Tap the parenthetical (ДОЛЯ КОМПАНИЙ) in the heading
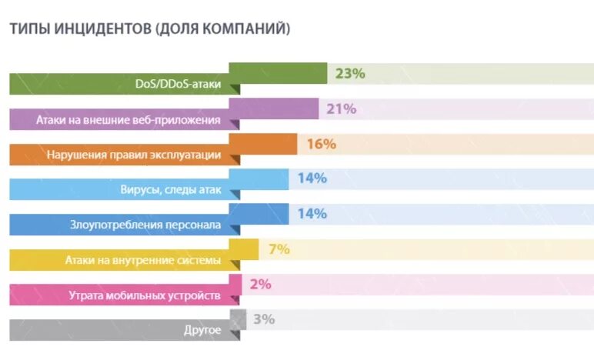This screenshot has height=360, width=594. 222,29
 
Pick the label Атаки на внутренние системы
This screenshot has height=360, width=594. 143,260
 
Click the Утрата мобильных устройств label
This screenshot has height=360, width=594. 145,295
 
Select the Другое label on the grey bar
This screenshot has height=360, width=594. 202,331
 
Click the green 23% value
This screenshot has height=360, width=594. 349,74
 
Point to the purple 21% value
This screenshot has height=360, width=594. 341,109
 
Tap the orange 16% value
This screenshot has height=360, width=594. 321,144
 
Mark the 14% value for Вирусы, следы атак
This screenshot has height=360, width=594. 312,178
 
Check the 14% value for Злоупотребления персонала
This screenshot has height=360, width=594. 312,214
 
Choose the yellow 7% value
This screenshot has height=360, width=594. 279,249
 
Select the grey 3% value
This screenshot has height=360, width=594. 263,319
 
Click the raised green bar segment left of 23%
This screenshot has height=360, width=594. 278,73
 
